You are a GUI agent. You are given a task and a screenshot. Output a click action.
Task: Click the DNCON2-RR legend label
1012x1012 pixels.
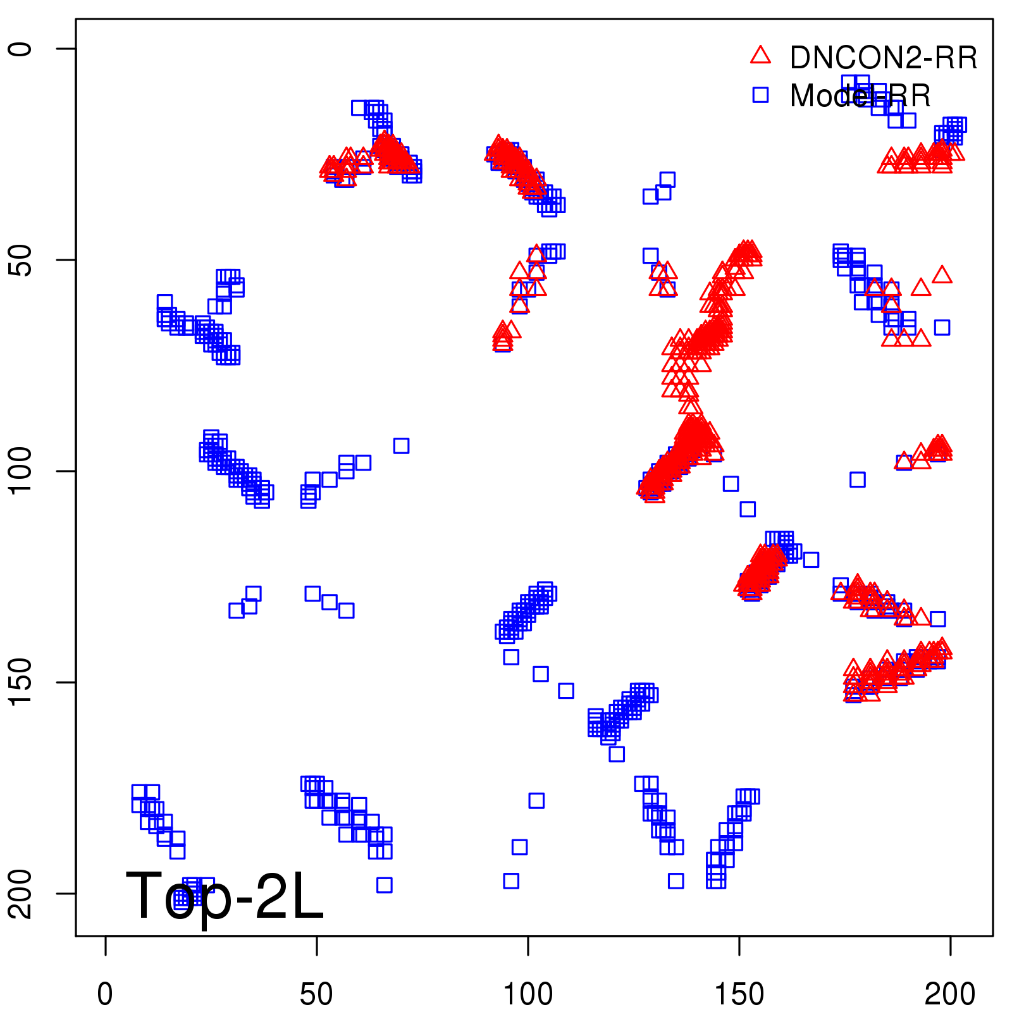coord(883,58)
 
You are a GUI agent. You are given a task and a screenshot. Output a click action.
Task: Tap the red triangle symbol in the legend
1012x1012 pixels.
coord(760,56)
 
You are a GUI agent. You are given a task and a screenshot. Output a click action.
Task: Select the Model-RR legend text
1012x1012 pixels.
coord(860,96)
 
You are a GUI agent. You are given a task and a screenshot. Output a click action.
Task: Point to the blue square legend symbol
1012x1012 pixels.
coord(760,95)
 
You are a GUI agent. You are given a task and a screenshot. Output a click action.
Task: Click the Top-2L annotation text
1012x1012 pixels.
coord(225,896)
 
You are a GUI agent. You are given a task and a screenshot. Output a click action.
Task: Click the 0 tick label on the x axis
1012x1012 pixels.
coord(105,994)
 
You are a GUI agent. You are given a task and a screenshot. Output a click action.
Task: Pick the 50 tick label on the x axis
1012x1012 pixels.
coord(316,994)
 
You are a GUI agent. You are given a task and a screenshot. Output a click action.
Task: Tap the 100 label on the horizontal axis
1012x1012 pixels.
coord(528,994)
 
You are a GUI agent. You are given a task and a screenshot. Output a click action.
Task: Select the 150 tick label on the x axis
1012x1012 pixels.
coord(739,994)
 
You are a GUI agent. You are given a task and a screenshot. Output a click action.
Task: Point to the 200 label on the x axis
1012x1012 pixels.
coord(950,994)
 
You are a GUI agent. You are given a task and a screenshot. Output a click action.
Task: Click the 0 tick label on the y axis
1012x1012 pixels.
coord(22,49)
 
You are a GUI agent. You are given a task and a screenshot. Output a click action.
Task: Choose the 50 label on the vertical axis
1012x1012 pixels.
coord(22,260)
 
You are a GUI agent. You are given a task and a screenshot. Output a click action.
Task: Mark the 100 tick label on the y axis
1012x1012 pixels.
coord(22,471)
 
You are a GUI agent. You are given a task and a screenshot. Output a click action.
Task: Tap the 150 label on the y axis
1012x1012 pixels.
coord(22,682)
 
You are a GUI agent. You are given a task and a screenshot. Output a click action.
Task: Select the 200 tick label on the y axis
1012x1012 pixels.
coord(22,894)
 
